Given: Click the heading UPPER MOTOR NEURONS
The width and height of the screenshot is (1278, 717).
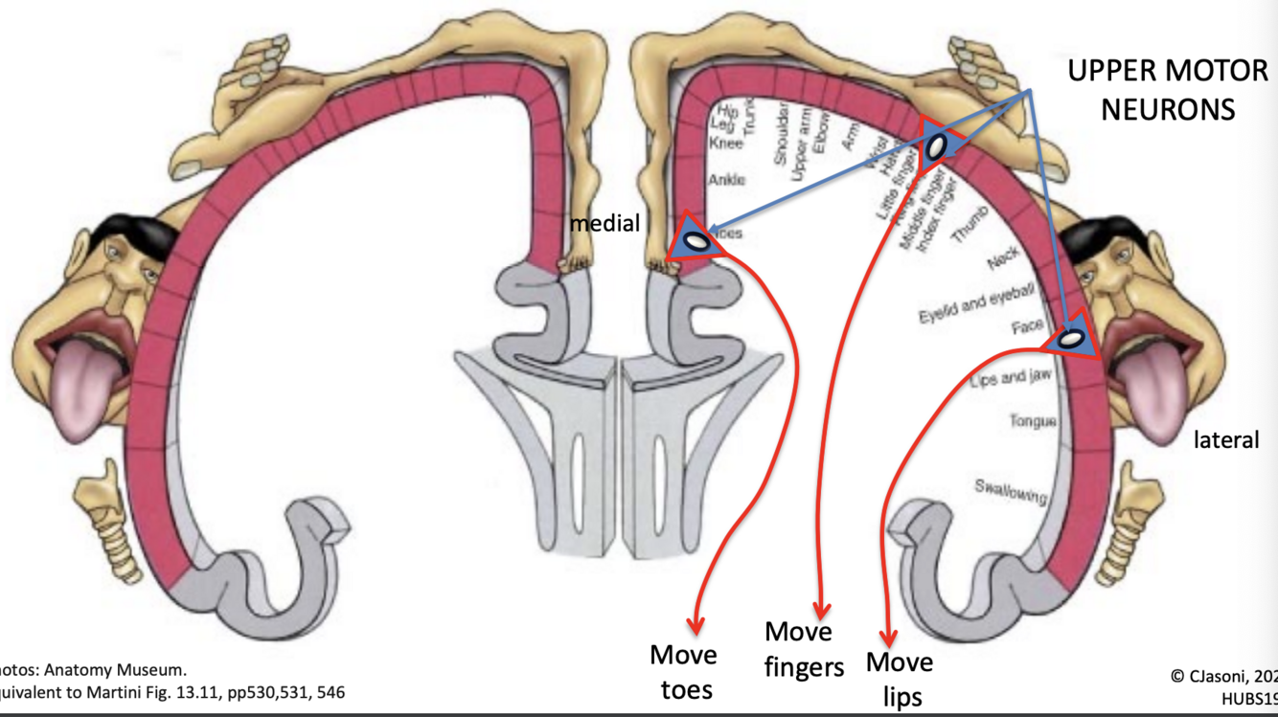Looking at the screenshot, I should [x=1167, y=90].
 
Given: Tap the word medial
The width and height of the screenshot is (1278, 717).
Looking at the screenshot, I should [x=605, y=223].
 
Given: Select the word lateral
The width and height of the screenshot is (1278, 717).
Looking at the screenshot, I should [x=1226, y=440].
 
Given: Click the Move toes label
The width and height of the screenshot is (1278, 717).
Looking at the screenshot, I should [x=684, y=671].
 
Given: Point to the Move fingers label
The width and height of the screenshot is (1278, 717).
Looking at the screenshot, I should [x=804, y=648].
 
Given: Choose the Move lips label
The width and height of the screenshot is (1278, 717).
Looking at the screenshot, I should [x=900, y=679].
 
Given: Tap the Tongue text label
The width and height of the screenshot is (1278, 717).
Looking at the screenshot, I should [x=1033, y=420].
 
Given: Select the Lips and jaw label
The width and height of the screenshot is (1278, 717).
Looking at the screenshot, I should [x=1011, y=378].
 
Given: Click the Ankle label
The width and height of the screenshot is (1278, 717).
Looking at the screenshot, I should [x=726, y=180].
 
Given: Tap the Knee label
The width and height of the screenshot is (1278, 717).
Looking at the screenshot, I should [x=725, y=144].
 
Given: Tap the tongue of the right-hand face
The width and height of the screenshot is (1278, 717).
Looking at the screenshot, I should [x=1157, y=376].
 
